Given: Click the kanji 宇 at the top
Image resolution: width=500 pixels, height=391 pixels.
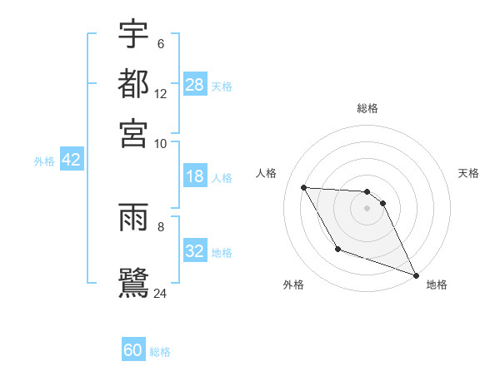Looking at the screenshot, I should point(133,35).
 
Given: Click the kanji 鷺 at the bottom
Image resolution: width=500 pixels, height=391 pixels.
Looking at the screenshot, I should point(133,280).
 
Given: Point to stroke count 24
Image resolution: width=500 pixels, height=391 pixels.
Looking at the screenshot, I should point(161,293).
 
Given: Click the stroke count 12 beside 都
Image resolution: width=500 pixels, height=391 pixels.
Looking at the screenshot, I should point(161,94).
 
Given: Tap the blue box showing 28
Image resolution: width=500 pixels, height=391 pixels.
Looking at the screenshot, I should point(195,84).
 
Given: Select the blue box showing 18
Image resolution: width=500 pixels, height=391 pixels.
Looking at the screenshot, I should point(195,176).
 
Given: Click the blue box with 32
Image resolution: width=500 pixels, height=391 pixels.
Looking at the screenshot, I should point(195,251).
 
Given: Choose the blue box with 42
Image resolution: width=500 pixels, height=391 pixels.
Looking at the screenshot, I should point(71,161).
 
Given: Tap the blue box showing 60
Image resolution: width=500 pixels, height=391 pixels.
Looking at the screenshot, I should point(133,351).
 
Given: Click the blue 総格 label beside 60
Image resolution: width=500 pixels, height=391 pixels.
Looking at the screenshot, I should point(160,352).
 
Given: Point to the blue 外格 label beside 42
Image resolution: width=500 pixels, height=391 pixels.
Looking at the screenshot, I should point(44,161).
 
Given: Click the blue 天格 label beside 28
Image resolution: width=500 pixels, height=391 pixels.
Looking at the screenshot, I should point(222,86).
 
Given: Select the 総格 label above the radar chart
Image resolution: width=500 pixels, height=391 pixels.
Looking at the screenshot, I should point(367,109).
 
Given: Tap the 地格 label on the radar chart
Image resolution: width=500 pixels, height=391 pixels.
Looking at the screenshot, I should point(437,285).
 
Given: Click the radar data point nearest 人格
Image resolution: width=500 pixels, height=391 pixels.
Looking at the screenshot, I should point(304,187).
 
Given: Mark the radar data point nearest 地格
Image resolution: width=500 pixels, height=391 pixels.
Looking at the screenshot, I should point(416,275).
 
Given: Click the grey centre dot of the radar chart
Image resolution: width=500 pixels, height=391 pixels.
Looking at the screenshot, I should point(367,208).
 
